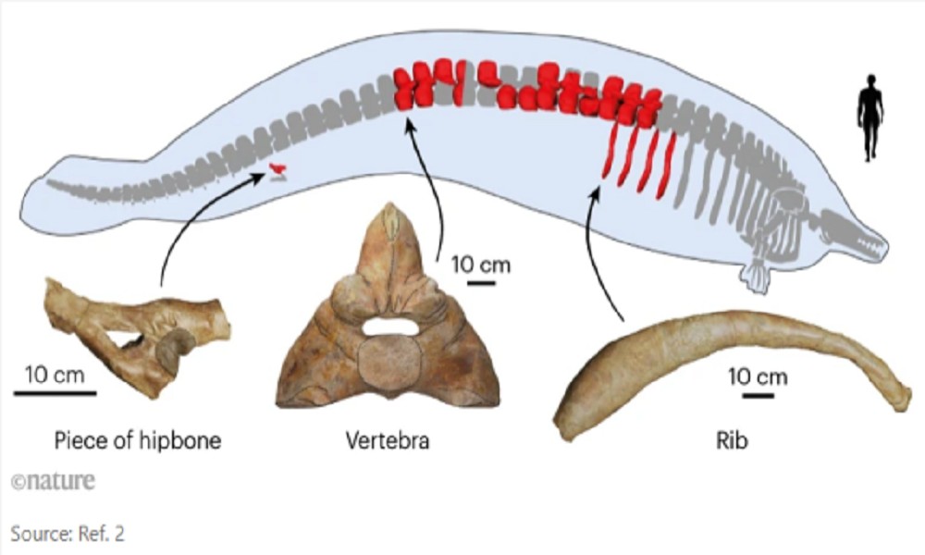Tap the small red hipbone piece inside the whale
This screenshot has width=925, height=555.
click(277, 168)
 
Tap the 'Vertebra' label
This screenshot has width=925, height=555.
click(388, 440)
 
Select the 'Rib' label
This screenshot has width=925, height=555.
click(731, 440)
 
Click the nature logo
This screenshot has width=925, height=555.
click(53, 482)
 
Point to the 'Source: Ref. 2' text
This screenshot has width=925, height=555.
click(66, 533)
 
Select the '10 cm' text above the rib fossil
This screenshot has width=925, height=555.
click(758, 377)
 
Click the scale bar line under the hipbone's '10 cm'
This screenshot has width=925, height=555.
click(55, 392)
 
